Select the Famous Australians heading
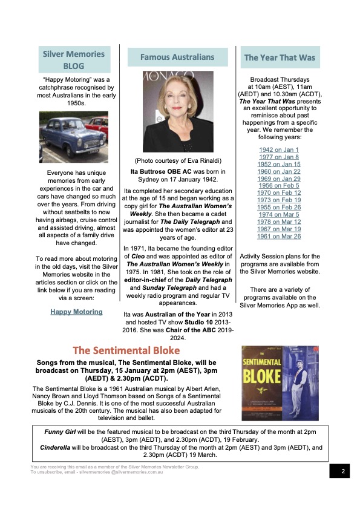(x=177, y=57)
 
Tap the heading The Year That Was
(x=280, y=58)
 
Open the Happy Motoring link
(x=76, y=312)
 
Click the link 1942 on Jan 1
(x=279, y=149)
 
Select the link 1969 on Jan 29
(x=279, y=179)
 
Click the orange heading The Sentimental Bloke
(x=126, y=350)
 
